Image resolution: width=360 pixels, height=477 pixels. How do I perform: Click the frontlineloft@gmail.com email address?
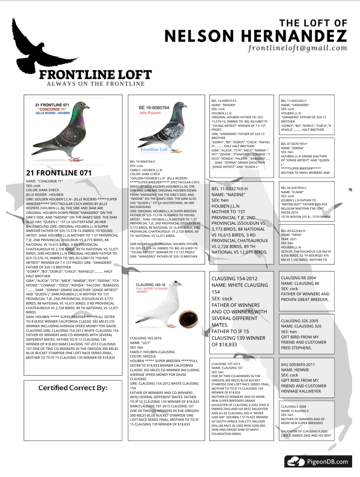click(x=298, y=48)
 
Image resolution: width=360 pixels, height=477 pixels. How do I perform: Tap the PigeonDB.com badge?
click(x=318, y=462)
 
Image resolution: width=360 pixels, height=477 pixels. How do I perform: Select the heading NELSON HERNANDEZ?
click(x=256, y=36)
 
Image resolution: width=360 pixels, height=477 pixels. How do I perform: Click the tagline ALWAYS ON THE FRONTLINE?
click(x=96, y=84)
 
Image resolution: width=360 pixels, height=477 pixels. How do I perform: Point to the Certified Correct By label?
click(x=73, y=388)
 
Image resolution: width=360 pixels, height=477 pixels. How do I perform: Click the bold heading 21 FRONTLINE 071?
click(x=59, y=173)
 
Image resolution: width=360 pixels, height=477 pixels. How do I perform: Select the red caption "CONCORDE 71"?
click(x=53, y=109)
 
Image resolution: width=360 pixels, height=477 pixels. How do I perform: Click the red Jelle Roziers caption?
click(x=150, y=113)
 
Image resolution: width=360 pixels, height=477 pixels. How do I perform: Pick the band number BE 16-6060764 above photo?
click(x=154, y=107)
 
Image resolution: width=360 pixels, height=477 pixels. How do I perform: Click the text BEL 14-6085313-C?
click(x=224, y=101)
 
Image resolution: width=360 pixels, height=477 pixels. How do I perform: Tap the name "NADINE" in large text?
click(x=234, y=194)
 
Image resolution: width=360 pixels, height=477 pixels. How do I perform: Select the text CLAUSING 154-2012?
click(x=235, y=278)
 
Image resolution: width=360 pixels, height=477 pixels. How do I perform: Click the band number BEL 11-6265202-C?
click(x=294, y=101)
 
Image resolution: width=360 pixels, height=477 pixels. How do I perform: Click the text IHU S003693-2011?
click(x=298, y=364)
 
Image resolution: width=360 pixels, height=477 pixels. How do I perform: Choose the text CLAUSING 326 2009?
click(x=300, y=321)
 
